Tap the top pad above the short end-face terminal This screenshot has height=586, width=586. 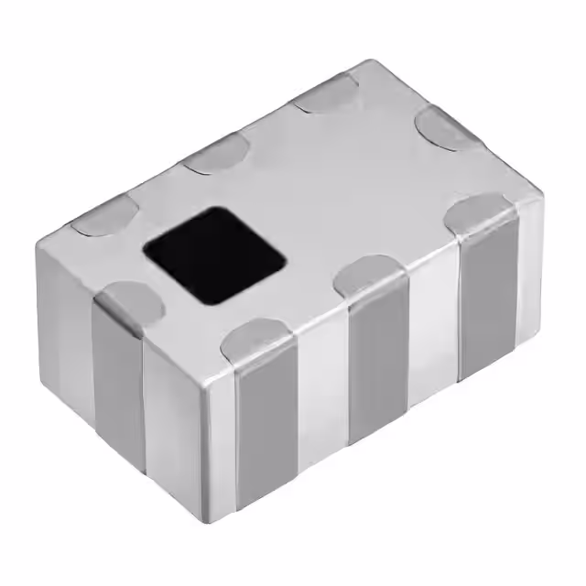tap(128, 298)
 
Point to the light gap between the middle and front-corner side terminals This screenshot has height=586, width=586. tap(320, 403)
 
